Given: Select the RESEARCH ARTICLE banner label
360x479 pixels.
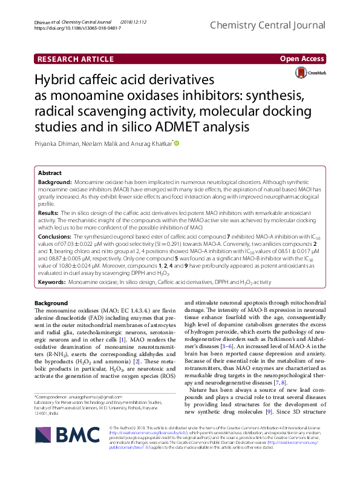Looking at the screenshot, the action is tap(76, 59).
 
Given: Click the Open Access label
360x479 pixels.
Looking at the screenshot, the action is tap(303, 59).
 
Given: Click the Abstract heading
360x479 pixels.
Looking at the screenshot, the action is tap(50, 173).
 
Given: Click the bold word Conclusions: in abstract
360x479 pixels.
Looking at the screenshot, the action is tap(54, 236).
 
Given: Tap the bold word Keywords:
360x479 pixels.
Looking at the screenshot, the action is tap(52, 282).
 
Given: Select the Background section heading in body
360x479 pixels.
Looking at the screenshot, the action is tap(51, 303).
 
